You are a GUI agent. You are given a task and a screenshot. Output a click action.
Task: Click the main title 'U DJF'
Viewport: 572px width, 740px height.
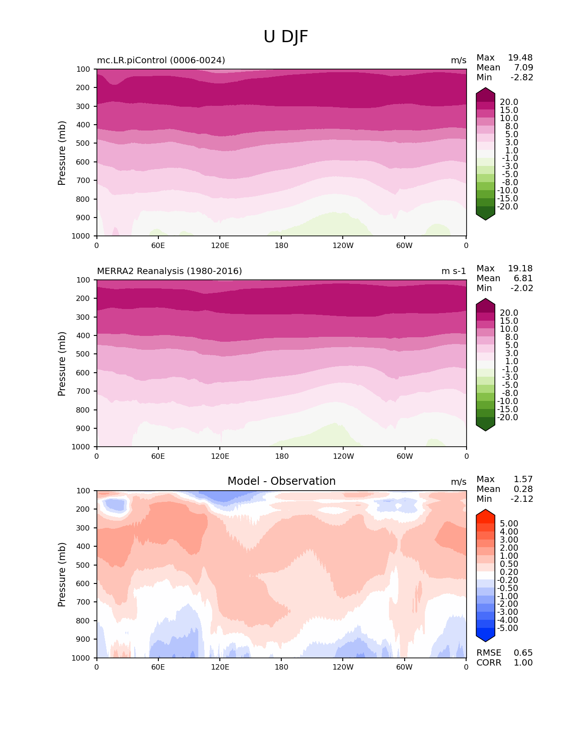(x=286, y=37)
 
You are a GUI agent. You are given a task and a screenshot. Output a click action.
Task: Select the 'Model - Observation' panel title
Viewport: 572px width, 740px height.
(x=281, y=481)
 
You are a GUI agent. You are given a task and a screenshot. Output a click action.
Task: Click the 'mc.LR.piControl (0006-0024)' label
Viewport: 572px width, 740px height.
(x=161, y=61)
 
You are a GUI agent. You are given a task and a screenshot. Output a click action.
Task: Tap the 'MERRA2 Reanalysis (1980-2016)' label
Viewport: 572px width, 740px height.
(x=170, y=271)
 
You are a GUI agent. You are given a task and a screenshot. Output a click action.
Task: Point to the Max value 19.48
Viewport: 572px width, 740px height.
(x=520, y=58)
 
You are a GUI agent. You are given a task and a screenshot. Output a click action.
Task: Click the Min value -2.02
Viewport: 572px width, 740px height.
(x=522, y=288)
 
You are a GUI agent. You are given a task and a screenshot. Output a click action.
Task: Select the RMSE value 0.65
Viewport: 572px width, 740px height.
(x=523, y=653)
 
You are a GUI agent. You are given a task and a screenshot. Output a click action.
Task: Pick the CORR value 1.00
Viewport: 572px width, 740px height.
(x=523, y=663)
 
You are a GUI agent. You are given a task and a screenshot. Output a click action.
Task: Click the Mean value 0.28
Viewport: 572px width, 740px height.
(x=523, y=489)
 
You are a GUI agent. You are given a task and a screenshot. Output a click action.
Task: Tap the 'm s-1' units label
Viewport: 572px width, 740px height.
(x=454, y=271)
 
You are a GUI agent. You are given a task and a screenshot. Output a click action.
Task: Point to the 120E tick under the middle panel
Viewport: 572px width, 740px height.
(x=220, y=457)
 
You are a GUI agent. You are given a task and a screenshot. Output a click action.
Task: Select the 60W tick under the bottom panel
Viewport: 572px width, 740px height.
(x=404, y=667)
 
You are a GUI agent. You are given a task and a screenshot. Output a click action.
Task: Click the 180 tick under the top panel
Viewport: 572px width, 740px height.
(x=281, y=246)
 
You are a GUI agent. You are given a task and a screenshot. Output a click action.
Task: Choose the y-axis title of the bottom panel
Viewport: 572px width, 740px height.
(x=62, y=575)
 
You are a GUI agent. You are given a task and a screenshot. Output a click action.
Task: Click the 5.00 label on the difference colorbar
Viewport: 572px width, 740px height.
(x=509, y=524)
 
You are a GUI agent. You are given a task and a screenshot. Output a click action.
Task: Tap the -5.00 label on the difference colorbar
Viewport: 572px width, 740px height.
(x=507, y=628)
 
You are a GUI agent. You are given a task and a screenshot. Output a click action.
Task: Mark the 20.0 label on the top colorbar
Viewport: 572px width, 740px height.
(x=509, y=102)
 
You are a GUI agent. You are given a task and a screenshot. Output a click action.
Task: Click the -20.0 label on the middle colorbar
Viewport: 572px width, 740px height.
(x=507, y=418)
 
